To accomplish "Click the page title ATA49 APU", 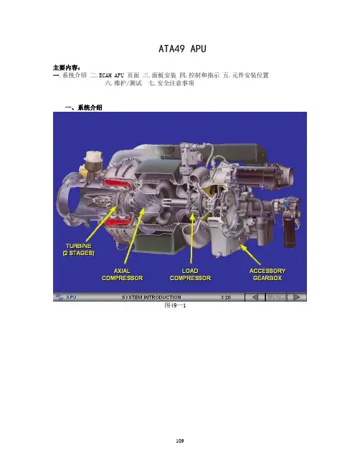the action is (x=182, y=49).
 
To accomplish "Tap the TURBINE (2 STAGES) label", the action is (x=79, y=249).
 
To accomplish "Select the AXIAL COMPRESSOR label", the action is (x=123, y=274).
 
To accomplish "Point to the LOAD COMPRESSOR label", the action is (x=190, y=274).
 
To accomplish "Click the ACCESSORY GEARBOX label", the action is (x=267, y=274).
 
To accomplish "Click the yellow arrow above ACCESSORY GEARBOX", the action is (x=250, y=254).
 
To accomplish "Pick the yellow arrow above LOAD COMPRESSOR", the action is (x=192, y=238).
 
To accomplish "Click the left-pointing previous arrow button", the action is (x=255, y=297).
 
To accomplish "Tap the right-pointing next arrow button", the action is (x=296, y=297).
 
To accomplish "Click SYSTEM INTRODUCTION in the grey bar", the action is (x=151, y=297).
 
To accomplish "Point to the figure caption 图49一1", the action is (x=175, y=305).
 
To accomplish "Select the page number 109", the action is (x=180, y=441).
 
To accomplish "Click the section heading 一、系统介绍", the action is (x=84, y=107).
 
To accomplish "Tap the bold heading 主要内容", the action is (x=66, y=67).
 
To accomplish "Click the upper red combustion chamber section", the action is (x=117, y=183).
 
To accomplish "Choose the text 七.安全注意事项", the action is (x=171, y=83).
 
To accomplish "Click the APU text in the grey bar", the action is (x=71, y=297).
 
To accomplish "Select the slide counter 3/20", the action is (x=226, y=297).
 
